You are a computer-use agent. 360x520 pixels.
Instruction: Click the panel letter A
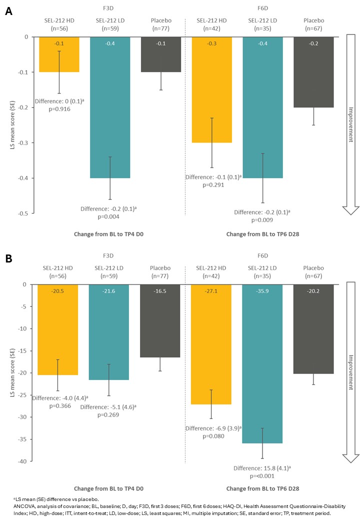click(x=8, y=11)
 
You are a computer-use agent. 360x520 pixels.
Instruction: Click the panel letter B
click(x=8, y=259)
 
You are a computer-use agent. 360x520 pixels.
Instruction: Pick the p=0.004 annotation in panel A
click(x=109, y=216)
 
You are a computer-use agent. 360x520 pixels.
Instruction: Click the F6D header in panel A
click(x=262, y=8)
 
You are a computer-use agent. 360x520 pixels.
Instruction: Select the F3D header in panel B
click(x=109, y=255)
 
